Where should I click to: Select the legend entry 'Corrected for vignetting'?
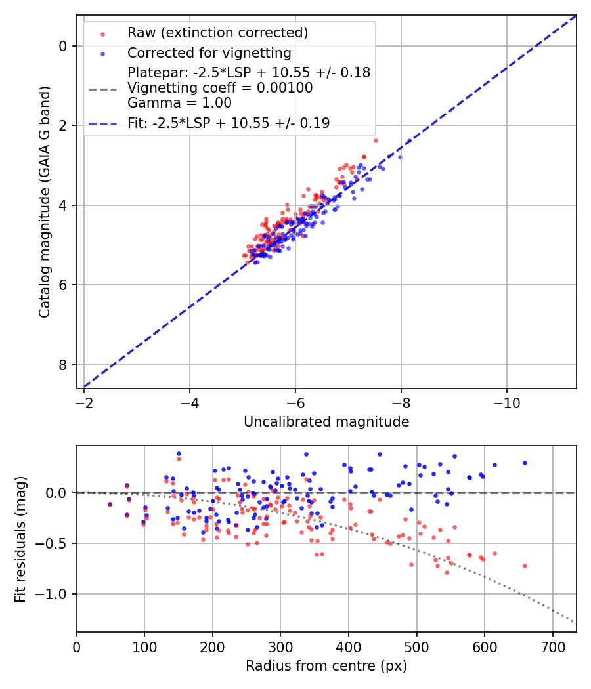[209, 53]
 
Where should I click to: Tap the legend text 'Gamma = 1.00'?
[179, 103]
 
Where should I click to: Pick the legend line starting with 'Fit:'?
[229, 123]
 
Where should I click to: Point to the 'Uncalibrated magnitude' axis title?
[326, 422]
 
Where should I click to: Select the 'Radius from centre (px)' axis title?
[326, 666]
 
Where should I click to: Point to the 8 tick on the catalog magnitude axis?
[63, 365]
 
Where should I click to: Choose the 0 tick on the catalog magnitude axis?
[63, 46]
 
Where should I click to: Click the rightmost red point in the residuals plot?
[525, 566]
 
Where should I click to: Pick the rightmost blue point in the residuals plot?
[525, 463]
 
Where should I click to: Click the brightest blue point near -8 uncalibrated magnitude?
[400, 157]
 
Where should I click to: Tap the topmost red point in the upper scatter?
[376, 140]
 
